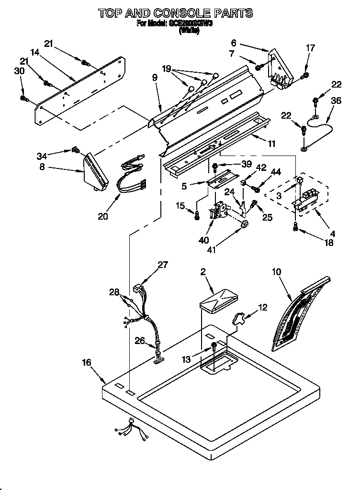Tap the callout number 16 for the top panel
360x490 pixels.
point(86,363)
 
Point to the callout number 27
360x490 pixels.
point(163,265)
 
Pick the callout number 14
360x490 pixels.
point(34,52)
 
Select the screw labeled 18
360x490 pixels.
point(295,230)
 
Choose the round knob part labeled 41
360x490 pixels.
point(245,225)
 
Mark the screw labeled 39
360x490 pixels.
point(215,167)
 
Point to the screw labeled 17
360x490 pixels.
point(304,75)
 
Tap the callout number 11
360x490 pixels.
point(271,143)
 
